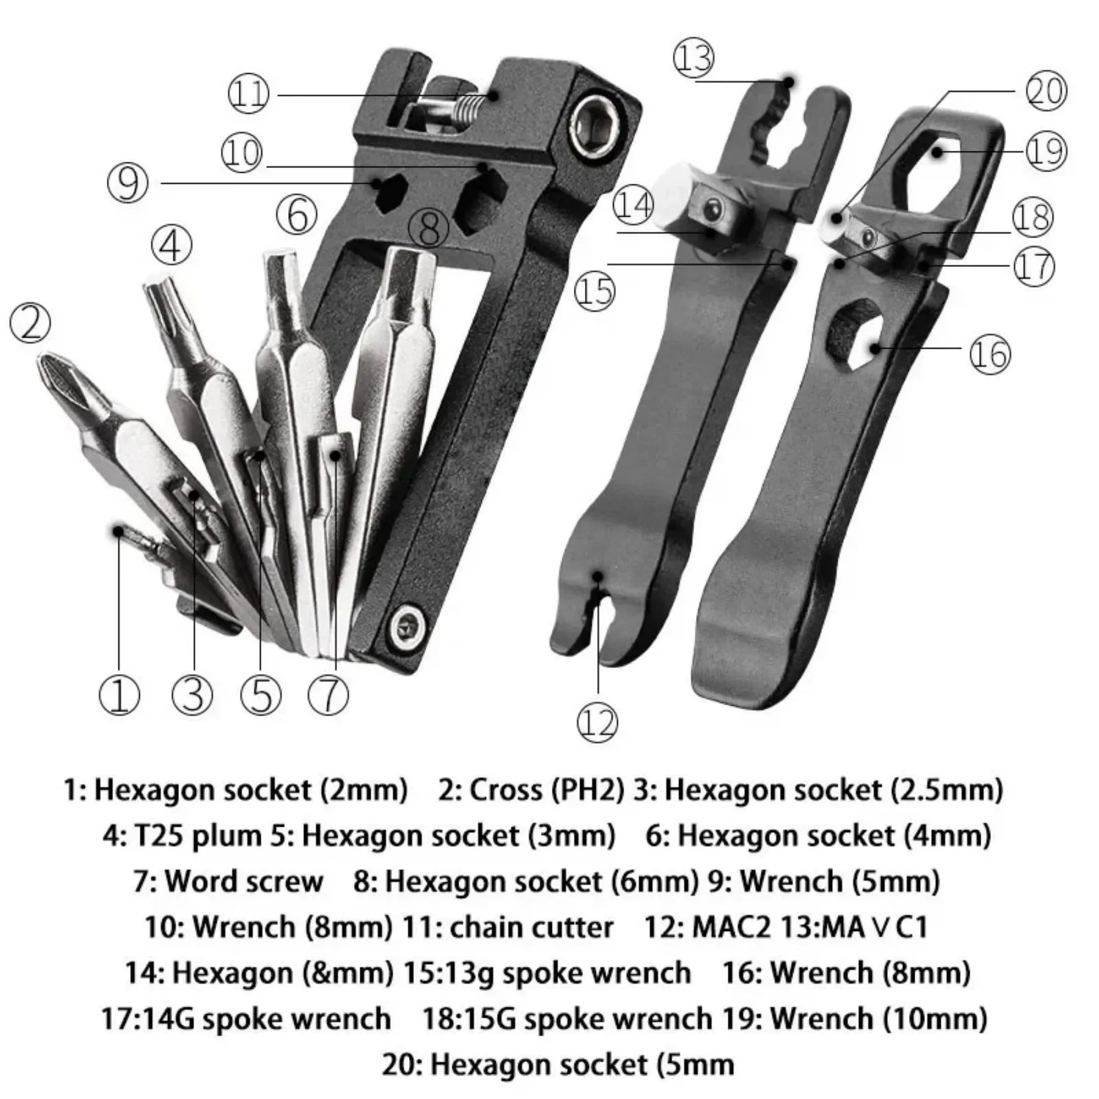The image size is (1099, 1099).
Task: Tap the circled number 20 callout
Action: coord(1046,92)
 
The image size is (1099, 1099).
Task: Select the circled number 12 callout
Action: coord(597,723)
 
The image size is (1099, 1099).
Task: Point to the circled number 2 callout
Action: coord(31,323)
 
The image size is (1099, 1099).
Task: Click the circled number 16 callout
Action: coord(990,354)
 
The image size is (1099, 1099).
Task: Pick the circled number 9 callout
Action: coord(127,183)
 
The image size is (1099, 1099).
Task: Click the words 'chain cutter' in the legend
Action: coord(531,927)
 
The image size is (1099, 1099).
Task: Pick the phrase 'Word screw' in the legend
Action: coord(243,882)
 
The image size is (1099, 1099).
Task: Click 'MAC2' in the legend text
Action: coord(734,927)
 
